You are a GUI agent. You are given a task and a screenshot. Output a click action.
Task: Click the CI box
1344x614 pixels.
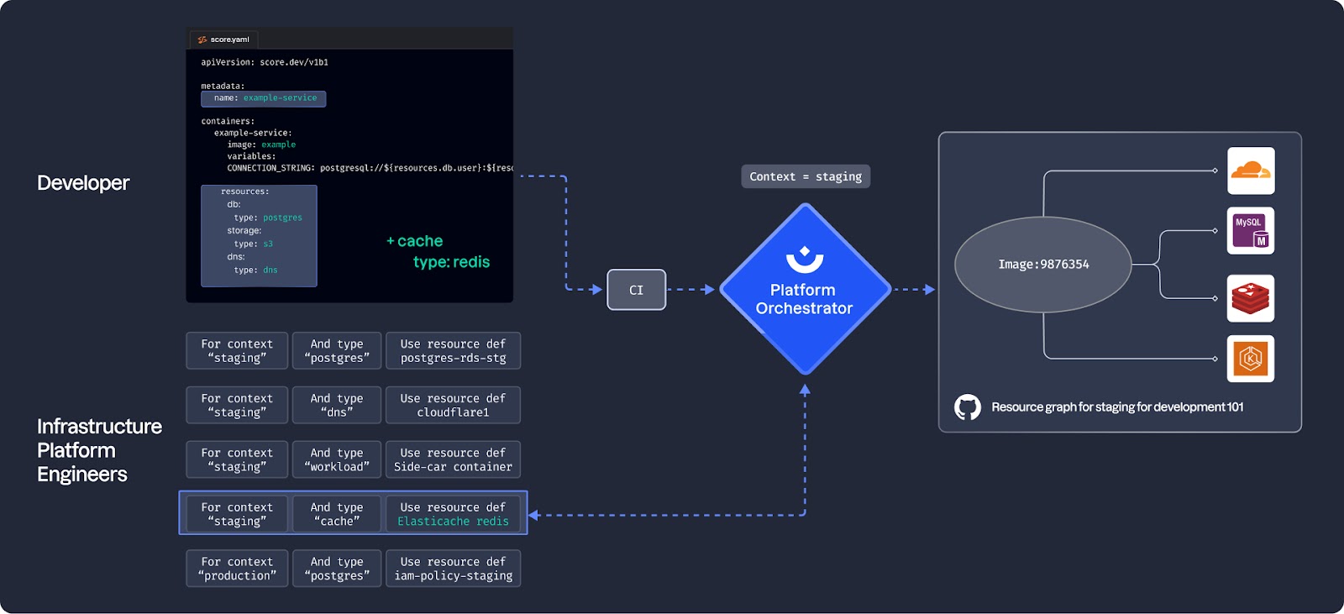click(636, 290)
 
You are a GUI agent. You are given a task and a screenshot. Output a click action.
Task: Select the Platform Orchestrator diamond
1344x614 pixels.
click(804, 290)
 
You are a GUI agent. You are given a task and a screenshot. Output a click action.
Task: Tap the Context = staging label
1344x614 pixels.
click(806, 176)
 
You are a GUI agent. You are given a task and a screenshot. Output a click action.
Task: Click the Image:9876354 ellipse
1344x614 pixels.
click(1043, 264)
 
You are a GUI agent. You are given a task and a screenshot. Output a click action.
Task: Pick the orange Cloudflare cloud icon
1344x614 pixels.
click(1250, 171)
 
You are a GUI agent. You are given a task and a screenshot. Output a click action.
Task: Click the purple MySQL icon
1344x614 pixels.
click(1250, 231)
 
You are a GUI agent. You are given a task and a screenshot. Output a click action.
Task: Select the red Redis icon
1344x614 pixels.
click(1250, 298)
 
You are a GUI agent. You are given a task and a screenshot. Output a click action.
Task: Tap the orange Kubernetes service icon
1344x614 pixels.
click(1250, 359)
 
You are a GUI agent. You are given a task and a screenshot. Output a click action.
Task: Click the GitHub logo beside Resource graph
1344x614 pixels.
click(968, 407)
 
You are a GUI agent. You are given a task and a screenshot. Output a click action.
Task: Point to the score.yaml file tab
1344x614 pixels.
click(223, 39)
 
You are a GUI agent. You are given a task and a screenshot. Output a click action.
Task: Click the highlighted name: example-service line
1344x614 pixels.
click(263, 98)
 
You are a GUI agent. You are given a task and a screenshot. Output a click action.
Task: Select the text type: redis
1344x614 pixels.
click(451, 262)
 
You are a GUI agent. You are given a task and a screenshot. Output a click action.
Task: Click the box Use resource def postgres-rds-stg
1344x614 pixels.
click(453, 351)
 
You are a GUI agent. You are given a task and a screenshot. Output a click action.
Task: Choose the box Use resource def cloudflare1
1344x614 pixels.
click(453, 406)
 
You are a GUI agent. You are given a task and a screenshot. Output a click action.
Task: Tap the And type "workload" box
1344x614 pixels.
click(337, 459)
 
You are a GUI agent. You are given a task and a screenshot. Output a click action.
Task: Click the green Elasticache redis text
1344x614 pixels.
click(453, 522)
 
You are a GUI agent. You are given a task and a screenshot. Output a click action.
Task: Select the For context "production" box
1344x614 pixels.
click(237, 569)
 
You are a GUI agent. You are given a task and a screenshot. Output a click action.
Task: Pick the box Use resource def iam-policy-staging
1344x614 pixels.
click(453, 569)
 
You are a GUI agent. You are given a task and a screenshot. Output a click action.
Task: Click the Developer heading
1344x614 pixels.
click(83, 183)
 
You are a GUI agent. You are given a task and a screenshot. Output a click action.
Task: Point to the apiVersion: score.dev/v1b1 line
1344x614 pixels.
click(265, 62)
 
